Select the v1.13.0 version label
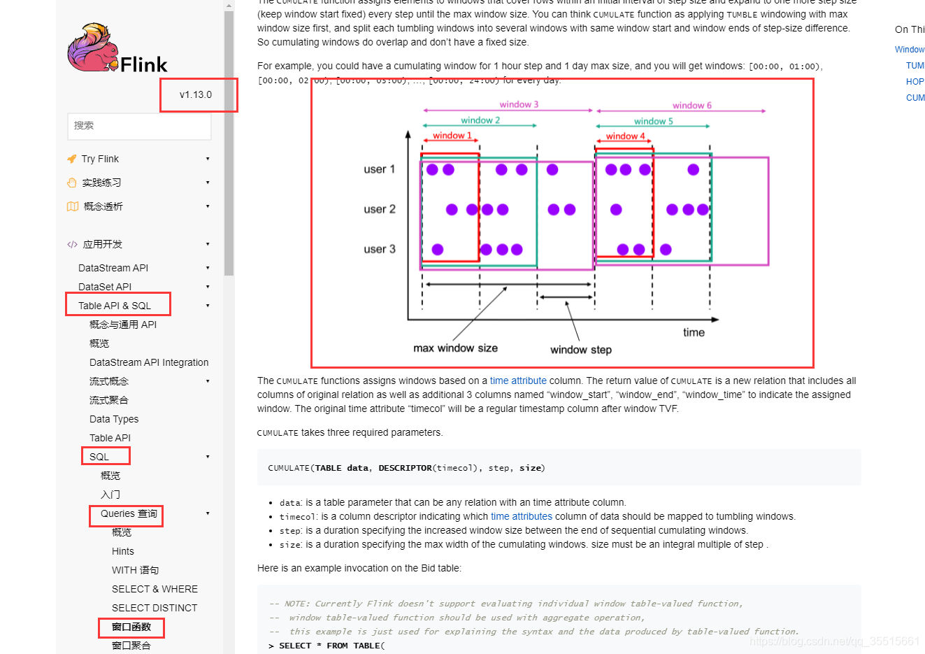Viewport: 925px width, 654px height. click(196, 94)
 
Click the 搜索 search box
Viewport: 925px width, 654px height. click(139, 126)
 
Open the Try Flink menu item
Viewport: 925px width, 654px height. click(100, 159)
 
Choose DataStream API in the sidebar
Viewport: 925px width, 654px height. click(113, 268)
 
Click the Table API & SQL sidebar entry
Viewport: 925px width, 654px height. click(115, 306)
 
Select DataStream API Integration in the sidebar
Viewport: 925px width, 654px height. click(149, 362)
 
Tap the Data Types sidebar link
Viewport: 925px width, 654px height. click(114, 419)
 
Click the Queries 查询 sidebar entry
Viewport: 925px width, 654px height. click(129, 513)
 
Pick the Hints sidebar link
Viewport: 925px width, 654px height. click(123, 551)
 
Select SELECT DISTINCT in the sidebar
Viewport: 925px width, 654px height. click(155, 608)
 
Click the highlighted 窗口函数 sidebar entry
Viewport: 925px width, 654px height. click(131, 627)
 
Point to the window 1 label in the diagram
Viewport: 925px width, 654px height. click(452, 136)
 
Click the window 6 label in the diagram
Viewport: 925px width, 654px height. click(691, 106)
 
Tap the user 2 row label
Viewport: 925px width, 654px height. click(380, 209)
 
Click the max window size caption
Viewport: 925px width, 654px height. click(455, 348)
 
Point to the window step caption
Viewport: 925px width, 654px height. click(580, 350)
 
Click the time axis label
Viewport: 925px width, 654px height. click(694, 332)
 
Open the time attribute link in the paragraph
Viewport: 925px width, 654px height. click(518, 381)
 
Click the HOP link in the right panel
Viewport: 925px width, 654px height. click(915, 82)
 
